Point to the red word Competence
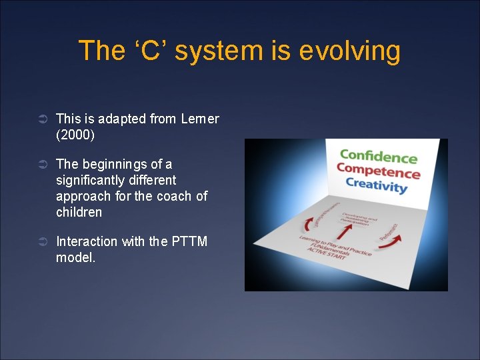point(378,171)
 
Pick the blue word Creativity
point(376,185)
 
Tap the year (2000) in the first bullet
point(75,135)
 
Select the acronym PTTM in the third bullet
point(190,241)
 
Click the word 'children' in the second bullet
point(79,212)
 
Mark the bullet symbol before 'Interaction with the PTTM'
point(41,242)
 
